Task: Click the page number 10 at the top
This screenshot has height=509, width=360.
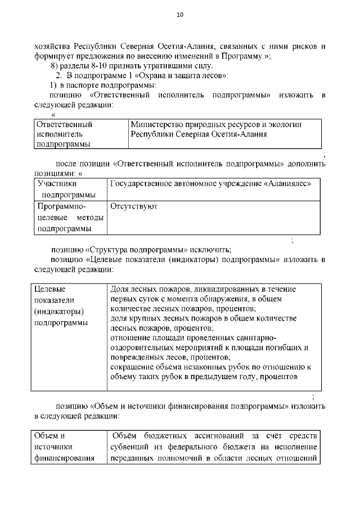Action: click(x=179, y=15)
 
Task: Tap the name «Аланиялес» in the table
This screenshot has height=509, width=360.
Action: click(x=289, y=183)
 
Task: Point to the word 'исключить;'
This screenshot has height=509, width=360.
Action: click(x=212, y=250)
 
